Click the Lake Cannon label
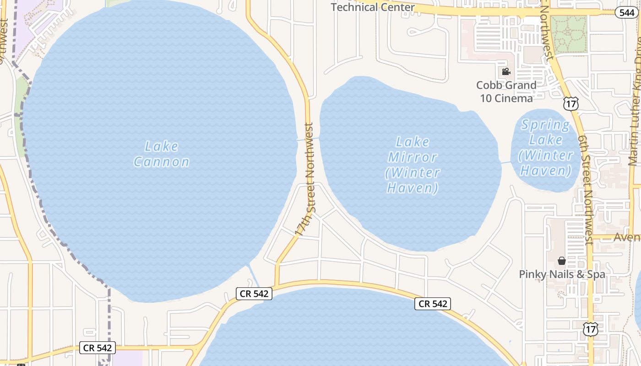(161, 154)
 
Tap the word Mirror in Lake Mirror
(413, 157)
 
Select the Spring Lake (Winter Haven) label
(546, 148)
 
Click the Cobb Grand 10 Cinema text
(506, 91)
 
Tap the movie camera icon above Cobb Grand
(506, 71)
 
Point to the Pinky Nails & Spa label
(562, 274)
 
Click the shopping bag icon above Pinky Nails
(562, 261)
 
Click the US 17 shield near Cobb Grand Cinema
(571, 104)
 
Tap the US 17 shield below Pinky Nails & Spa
(591, 328)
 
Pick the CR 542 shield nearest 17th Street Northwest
(254, 293)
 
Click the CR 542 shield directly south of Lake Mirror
(433, 303)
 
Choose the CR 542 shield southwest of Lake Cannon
(98, 348)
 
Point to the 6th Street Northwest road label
(585, 190)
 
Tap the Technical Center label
(373, 7)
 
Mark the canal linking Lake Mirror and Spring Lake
(506, 161)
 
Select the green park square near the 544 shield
(569, 34)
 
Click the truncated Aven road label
(626, 237)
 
